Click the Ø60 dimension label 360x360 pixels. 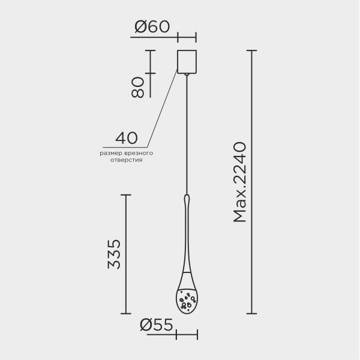click(152, 26)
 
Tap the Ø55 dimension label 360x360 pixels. click(157, 325)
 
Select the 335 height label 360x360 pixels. click(114, 254)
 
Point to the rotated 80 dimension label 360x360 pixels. click(137, 87)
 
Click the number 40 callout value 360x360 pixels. click(127, 138)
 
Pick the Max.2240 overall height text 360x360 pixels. click(239, 182)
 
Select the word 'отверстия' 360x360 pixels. click(126, 160)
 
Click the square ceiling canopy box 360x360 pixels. click(187, 62)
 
